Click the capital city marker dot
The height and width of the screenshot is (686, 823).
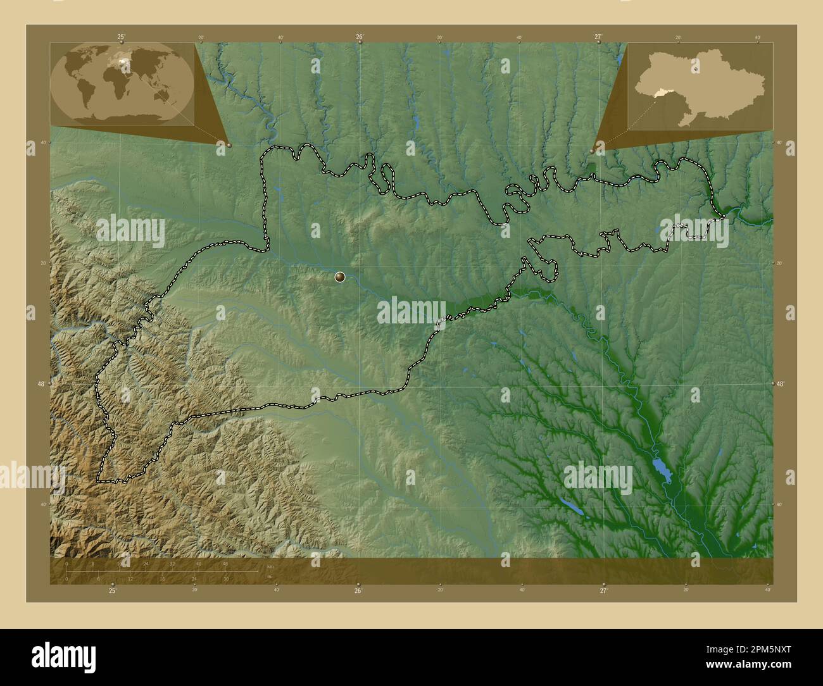(340, 276)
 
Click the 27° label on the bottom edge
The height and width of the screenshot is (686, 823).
(603, 590)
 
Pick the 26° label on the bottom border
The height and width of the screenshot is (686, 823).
(358, 590)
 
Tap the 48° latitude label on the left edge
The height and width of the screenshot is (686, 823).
(41, 384)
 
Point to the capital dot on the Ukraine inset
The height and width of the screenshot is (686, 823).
(695, 64)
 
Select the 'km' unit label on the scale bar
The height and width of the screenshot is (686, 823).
(270, 566)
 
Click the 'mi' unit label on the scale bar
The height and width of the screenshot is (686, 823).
(270, 577)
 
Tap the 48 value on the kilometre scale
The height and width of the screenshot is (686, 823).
(225, 563)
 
